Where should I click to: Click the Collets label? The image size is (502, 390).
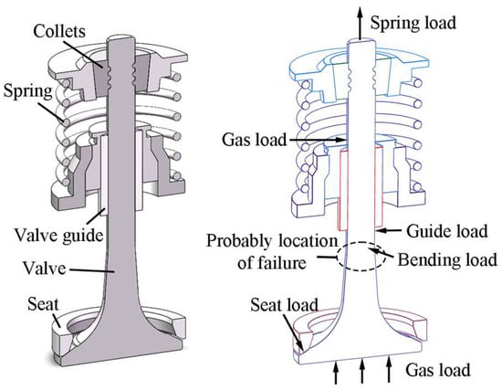(x=59, y=31)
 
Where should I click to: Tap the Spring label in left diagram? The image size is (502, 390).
(x=27, y=91)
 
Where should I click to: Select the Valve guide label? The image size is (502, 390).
(x=58, y=236)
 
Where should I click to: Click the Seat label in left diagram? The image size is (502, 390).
(x=43, y=304)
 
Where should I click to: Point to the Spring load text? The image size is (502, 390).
(x=413, y=24)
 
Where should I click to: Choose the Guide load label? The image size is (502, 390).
(x=447, y=231)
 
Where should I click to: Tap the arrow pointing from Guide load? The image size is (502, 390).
(x=389, y=230)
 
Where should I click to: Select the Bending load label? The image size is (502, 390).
(x=447, y=259)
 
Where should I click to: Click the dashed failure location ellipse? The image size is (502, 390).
(x=339, y=257)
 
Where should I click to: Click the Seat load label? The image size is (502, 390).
(x=284, y=305)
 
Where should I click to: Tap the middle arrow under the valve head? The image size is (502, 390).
(x=362, y=371)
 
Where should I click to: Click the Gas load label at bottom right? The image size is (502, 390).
(x=438, y=370)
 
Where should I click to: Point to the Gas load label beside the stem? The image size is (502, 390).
(x=255, y=140)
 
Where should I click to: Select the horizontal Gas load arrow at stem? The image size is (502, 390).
(x=318, y=140)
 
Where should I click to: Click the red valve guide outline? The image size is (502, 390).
(x=339, y=189)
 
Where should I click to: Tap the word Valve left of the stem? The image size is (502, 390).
(x=44, y=268)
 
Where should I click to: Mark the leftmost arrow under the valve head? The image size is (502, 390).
(x=336, y=371)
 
